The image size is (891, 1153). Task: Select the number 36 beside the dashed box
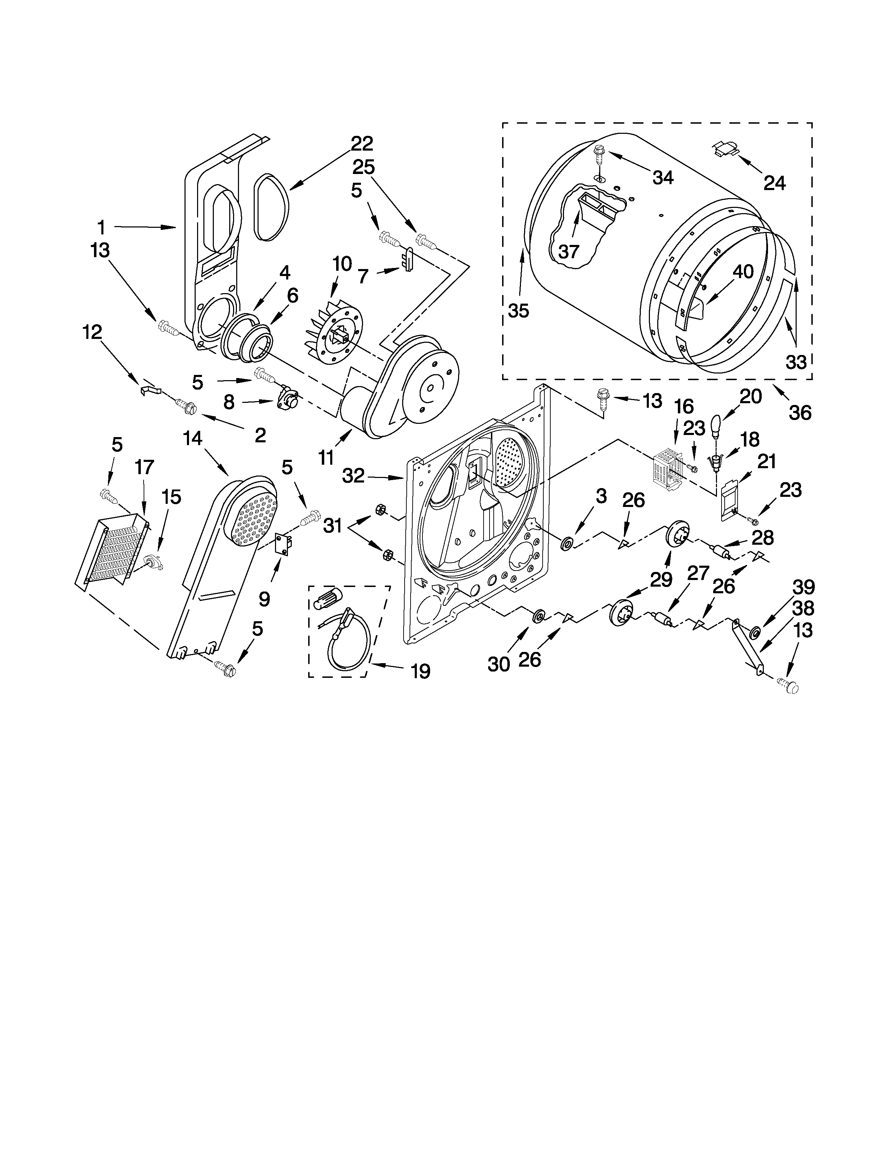[800, 412]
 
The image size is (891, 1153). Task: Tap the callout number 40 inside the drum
[743, 271]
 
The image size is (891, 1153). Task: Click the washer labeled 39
[755, 631]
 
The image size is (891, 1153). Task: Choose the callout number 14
[193, 438]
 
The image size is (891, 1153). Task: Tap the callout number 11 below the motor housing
[326, 457]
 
